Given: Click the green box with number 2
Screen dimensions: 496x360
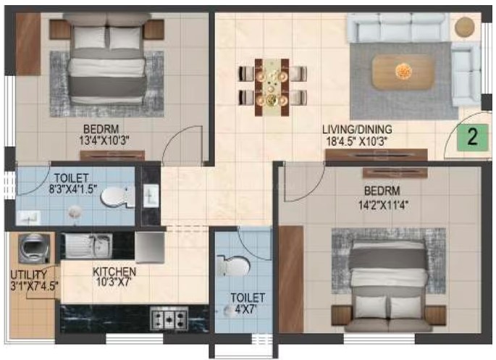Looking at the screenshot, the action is (x=473, y=138).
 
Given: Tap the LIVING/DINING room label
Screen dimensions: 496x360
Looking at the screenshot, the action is (x=357, y=130).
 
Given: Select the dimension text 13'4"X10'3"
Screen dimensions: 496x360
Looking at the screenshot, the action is (x=105, y=140).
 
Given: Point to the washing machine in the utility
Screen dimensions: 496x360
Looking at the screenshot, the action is (x=34, y=249).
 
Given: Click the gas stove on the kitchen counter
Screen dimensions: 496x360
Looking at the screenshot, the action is (x=169, y=318).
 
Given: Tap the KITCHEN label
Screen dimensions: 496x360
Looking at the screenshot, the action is (x=114, y=272).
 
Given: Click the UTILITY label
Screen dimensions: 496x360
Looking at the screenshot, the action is (x=29, y=275).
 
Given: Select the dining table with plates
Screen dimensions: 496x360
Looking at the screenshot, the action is (x=272, y=87).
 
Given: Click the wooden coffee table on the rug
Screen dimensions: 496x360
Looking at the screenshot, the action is (x=403, y=72).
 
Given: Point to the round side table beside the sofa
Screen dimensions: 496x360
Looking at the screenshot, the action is (x=464, y=27).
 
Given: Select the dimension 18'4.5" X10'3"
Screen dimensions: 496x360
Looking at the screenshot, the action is (x=356, y=141).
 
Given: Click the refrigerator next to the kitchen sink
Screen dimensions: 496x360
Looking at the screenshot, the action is (x=150, y=248).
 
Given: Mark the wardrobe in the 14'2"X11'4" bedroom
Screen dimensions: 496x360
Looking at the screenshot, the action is (x=290, y=279).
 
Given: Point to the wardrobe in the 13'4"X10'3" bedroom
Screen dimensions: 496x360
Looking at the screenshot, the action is (x=28, y=44).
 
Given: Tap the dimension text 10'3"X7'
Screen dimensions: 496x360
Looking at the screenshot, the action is (x=114, y=282).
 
